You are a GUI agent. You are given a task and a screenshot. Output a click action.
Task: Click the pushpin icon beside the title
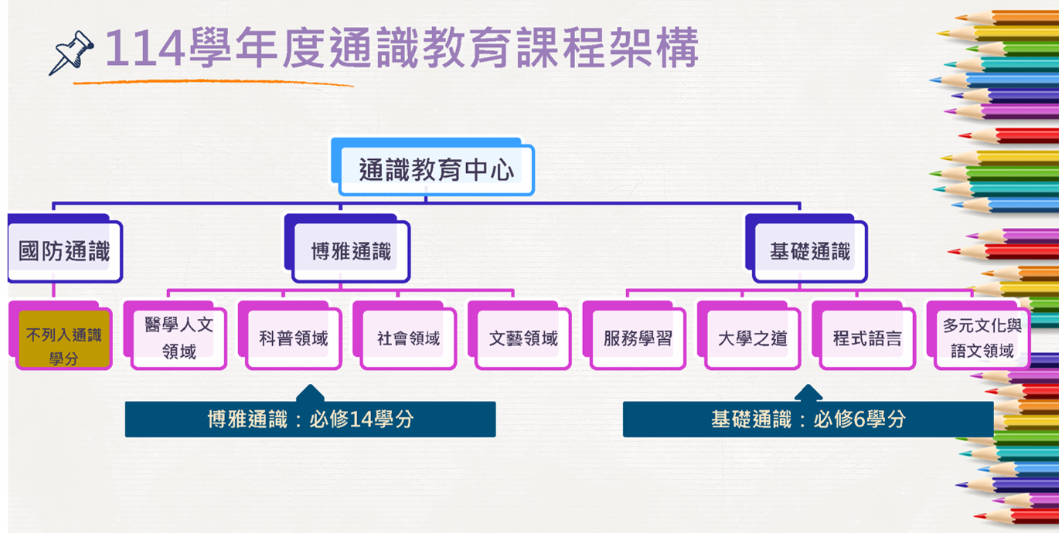(x=71, y=52)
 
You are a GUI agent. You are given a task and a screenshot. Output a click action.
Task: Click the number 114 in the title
(x=145, y=48)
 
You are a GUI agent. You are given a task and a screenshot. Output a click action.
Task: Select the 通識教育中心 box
(x=433, y=167)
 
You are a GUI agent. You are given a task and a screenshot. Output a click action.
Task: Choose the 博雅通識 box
(x=347, y=249)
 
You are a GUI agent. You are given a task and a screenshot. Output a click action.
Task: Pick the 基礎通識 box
(x=806, y=249)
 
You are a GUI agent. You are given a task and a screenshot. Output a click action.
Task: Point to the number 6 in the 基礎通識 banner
(x=860, y=419)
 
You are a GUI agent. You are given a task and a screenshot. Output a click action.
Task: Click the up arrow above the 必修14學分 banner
(x=310, y=393)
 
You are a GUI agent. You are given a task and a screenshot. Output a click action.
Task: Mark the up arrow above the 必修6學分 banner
(x=809, y=393)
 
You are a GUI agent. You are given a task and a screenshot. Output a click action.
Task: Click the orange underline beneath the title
(x=213, y=82)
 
